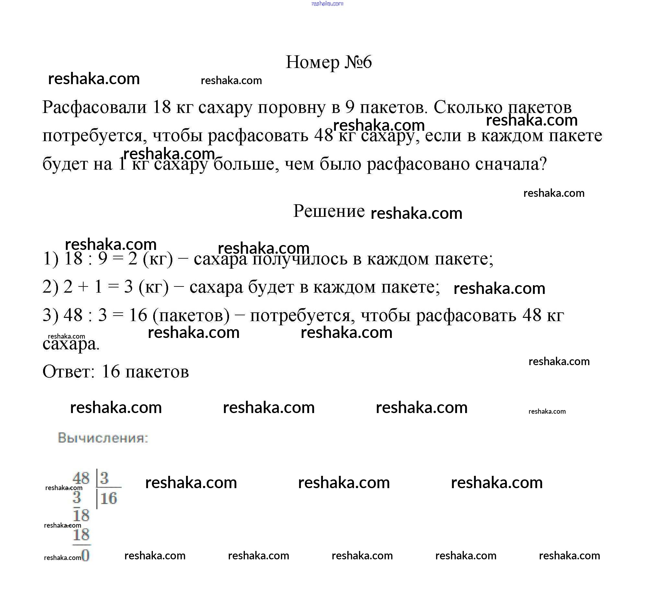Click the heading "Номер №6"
pyautogui.click(x=329, y=62)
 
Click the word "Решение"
pyautogui.click(x=329, y=211)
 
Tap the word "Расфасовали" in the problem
pyautogui.click(x=94, y=107)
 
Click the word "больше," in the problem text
pyautogui.click(x=246, y=164)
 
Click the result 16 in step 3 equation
pyautogui.click(x=138, y=315)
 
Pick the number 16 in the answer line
pyautogui.click(x=111, y=372)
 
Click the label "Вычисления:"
pyautogui.click(x=103, y=438)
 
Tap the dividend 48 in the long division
pyautogui.click(x=81, y=478)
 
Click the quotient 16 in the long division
pyautogui.click(x=109, y=499)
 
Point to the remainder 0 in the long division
pyautogui.click(x=86, y=555)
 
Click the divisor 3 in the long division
pyautogui.click(x=105, y=478)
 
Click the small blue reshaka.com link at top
pyautogui.click(x=327, y=4)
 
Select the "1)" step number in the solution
pyautogui.click(x=51, y=259)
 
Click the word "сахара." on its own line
pyautogui.click(x=71, y=344)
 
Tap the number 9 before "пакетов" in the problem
pyautogui.click(x=350, y=107)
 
